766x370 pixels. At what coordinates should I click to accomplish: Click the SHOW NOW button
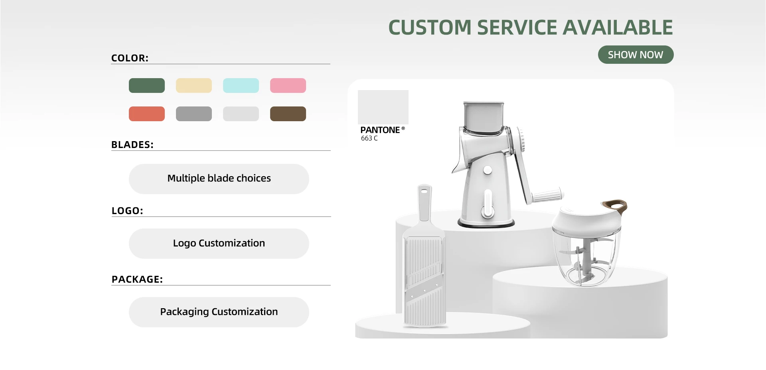pos(636,55)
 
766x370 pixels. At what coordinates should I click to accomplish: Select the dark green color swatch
pos(147,85)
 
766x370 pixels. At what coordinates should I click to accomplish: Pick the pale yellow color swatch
pos(194,85)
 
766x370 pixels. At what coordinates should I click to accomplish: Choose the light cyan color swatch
pos(241,85)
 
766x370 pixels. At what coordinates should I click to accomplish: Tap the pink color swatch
pos(288,85)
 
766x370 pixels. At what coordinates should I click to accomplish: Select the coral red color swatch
pos(147,114)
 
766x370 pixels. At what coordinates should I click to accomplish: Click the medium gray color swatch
pos(194,114)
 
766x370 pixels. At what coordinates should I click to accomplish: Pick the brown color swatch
pos(288,114)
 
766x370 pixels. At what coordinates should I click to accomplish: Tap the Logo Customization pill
pos(219,244)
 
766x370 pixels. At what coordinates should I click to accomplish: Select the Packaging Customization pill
pos(219,312)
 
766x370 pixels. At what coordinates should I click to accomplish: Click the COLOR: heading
pos(130,58)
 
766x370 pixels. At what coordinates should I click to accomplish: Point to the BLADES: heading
pos(132,145)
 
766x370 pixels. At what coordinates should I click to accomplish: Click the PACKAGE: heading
pos(137,279)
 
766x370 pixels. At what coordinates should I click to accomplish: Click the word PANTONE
pos(380,130)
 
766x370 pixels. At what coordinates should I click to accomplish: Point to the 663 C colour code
pos(369,138)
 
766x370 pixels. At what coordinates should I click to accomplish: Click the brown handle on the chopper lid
pos(615,205)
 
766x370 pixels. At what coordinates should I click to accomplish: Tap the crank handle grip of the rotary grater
pos(548,196)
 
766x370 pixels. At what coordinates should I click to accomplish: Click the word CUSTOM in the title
pos(430,28)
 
